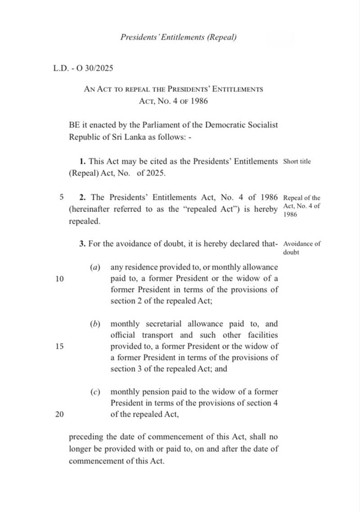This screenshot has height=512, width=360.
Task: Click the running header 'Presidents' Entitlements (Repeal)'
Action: (x=178, y=37)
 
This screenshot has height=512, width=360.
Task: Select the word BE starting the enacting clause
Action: (x=74, y=125)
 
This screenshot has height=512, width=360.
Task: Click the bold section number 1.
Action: (x=82, y=162)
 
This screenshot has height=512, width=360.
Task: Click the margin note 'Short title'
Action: (x=297, y=162)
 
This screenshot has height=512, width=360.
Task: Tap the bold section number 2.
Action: (x=82, y=198)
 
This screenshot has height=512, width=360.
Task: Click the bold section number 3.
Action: (x=82, y=244)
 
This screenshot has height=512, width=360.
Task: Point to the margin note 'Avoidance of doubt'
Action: (x=302, y=249)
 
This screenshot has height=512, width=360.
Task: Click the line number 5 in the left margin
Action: (x=62, y=198)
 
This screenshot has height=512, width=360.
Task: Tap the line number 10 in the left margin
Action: (x=59, y=279)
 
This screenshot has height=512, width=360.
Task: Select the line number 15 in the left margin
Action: (x=59, y=346)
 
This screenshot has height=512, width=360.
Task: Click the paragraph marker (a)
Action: (x=95, y=268)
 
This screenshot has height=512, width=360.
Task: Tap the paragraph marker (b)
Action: (x=95, y=324)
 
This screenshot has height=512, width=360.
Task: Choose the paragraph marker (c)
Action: (x=95, y=392)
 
